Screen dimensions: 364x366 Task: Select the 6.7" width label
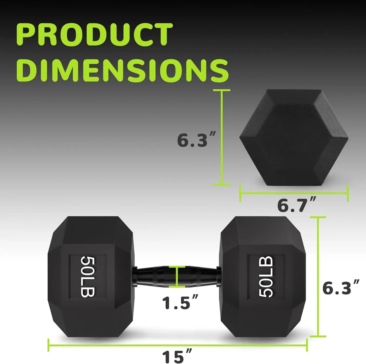tap(296, 205)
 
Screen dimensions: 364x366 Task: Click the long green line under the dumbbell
tap(177, 345)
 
